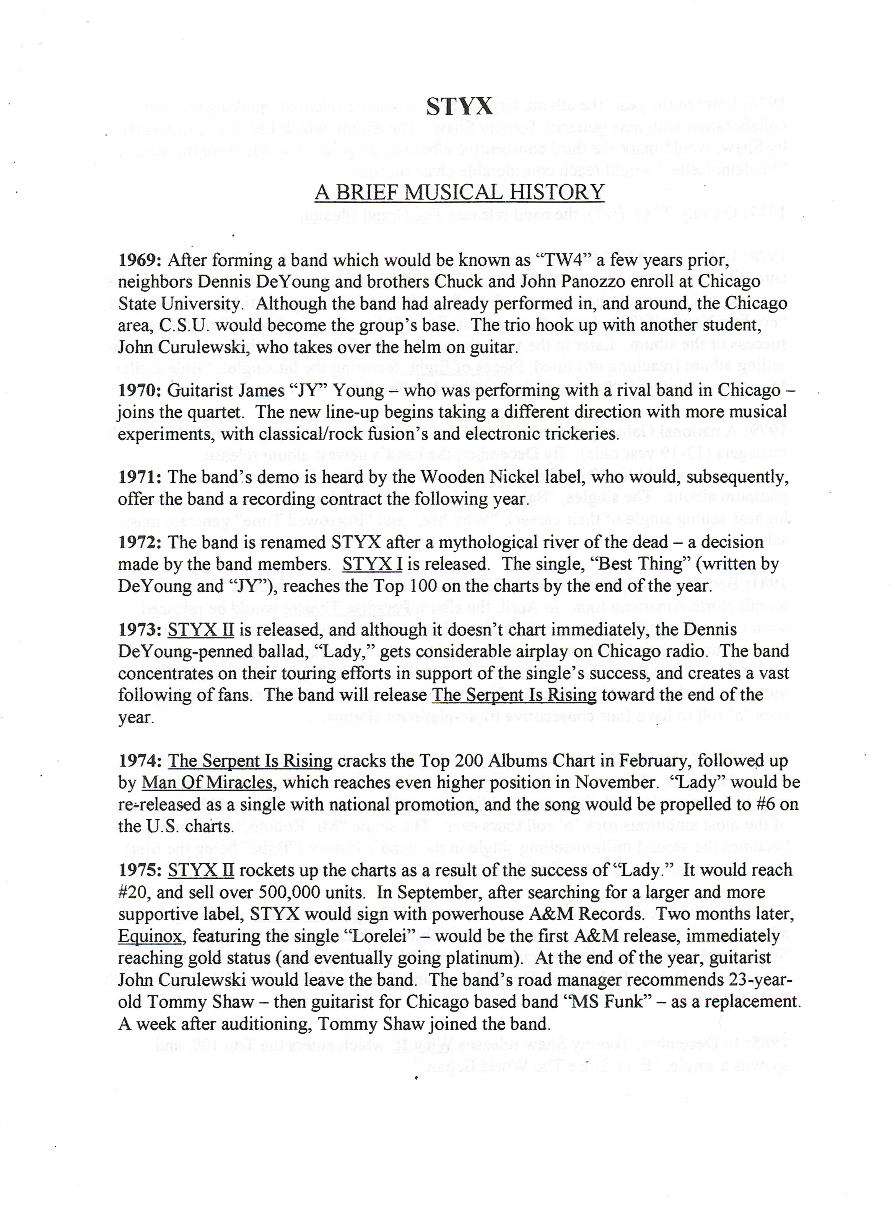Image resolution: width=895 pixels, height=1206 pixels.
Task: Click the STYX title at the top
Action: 459,106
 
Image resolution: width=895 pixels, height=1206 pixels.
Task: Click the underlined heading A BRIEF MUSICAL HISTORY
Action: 459,193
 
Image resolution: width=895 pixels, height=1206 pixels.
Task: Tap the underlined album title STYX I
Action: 372,564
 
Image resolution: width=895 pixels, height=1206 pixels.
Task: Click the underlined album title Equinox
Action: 150,936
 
